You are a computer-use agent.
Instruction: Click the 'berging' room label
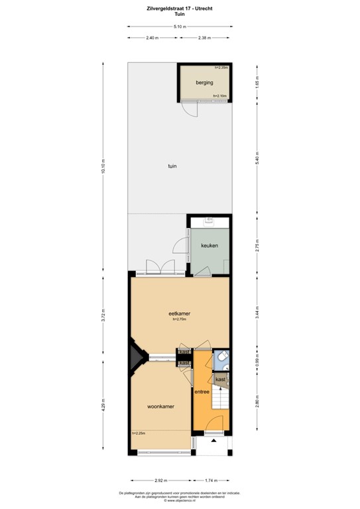pos(204,83)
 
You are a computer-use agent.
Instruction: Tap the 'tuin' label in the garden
pos(172,166)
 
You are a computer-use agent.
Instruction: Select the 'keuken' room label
pos(209,245)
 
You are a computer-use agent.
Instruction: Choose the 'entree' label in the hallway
pos(202,392)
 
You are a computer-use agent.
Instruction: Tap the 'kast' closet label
pos(220,379)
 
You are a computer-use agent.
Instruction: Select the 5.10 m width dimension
pos(180,27)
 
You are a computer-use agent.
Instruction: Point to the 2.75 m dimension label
pos(258,245)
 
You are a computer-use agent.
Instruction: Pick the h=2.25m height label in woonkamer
pos(139,433)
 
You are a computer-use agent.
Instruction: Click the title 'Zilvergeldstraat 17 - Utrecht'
pos(179,7)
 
